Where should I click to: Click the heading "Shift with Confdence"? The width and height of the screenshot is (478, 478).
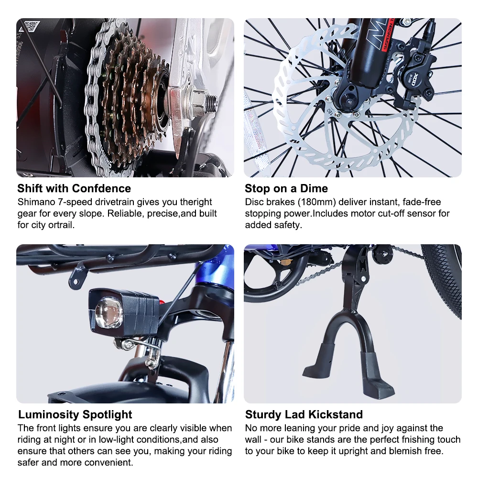[x=74, y=188]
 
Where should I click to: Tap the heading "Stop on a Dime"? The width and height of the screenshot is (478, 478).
[x=286, y=188]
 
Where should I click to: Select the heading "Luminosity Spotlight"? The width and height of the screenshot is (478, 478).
[x=75, y=414]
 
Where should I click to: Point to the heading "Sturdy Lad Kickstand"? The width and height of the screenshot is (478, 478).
[x=304, y=414]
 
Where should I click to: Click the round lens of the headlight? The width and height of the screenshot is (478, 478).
[x=109, y=312]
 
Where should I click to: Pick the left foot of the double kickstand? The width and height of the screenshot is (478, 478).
[x=317, y=360]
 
